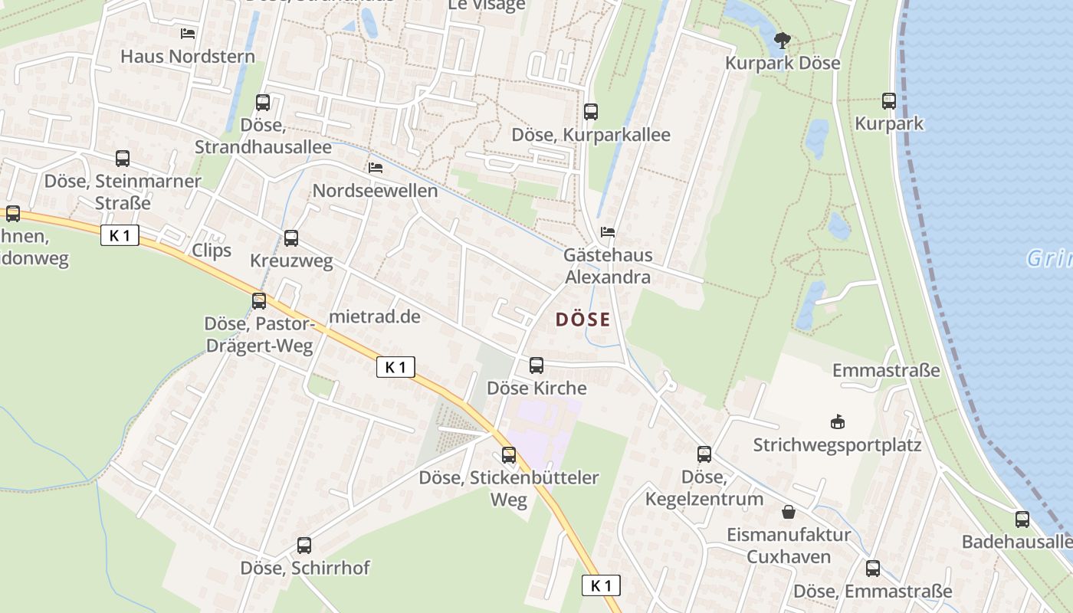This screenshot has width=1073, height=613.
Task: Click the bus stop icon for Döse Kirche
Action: click(536, 366)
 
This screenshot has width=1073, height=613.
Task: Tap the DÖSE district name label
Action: click(583, 320)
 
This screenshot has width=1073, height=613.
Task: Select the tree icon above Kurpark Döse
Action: click(782, 40)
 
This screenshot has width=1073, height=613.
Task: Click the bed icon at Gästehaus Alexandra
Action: click(608, 231)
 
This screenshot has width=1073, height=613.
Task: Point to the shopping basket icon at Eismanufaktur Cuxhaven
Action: click(789, 512)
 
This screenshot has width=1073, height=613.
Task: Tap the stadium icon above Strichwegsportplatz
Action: click(837, 421)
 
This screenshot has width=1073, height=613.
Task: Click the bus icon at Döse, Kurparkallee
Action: click(590, 112)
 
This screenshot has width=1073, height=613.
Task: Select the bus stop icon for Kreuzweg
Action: click(291, 238)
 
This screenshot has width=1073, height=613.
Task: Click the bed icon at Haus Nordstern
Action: click(188, 33)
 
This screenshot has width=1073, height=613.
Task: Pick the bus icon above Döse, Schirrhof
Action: click(304, 546)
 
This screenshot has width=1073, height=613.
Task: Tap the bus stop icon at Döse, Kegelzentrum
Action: click(704, 454)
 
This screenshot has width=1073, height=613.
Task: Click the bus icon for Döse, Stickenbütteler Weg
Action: click(509, 456)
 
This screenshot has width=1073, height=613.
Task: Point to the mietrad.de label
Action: click(374, 316)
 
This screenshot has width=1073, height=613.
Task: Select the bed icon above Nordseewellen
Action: click(376, 167)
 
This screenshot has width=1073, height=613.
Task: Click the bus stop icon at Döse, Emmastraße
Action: click(873, 569)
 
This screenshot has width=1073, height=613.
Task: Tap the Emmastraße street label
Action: click(886, 371)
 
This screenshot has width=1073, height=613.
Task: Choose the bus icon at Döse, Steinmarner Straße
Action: click(123, 159)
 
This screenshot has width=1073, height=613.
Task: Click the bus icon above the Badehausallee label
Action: click(1022, 520)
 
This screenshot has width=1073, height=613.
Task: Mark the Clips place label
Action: click(212, 251)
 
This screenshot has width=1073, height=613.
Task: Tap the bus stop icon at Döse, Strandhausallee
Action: click(263, 103)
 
